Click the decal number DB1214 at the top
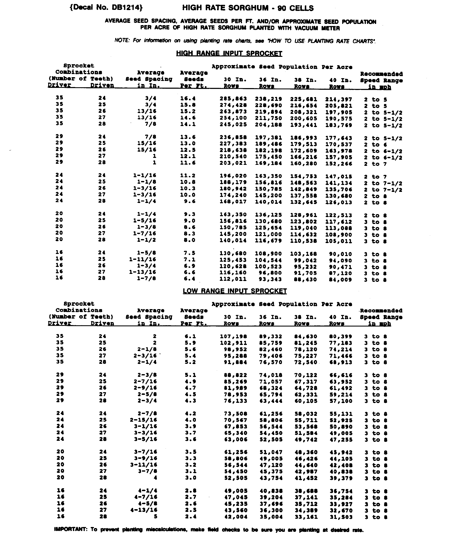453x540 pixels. (x=106, y=8)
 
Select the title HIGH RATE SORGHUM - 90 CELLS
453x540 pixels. (x=248, y=8)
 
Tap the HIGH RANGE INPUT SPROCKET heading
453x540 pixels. (x=229, y=53)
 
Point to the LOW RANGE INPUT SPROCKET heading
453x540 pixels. (x=235, y=291)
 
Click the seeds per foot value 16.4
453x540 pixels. (x=188, y=99)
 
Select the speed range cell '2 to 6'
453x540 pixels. (x=375, y=145)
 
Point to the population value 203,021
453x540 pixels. (x=233, y=163)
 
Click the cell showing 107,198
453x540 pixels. (x=233, y=337)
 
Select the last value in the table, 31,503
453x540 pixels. (x=341, y=517)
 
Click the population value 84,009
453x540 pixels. (x=340, y=280)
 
